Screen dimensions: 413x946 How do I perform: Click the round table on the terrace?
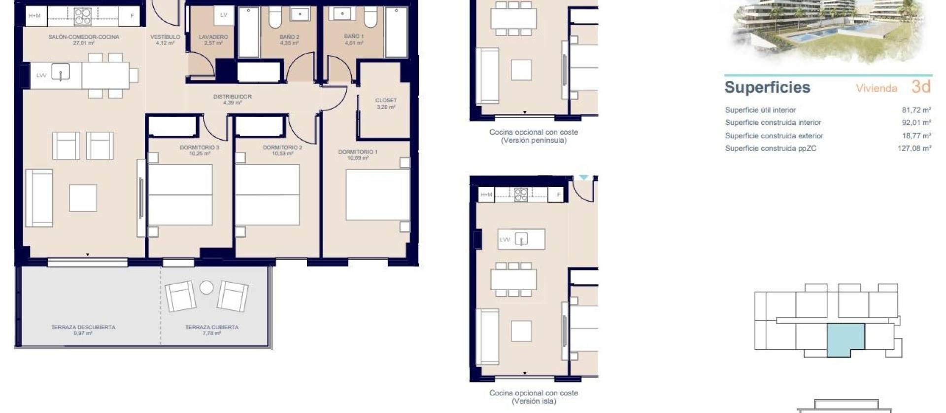click(206, 287)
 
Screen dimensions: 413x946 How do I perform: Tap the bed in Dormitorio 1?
click(377, 195)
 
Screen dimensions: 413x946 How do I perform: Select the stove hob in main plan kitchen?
click(82, 16)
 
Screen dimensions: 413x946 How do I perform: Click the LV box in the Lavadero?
click(223, 15)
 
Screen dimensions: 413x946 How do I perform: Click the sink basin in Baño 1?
click(342, 13)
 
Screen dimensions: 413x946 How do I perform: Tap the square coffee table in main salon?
click(83, 198)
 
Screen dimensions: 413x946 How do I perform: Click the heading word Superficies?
click(767, 87)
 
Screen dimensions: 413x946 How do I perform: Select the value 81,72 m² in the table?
click(916, 110)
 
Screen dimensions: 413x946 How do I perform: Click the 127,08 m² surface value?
click(914, 148)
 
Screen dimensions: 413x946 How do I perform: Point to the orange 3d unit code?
click(921, 87)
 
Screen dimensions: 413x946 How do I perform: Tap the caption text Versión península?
click(534, 141)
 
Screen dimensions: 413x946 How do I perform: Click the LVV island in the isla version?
click(521, 239)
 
